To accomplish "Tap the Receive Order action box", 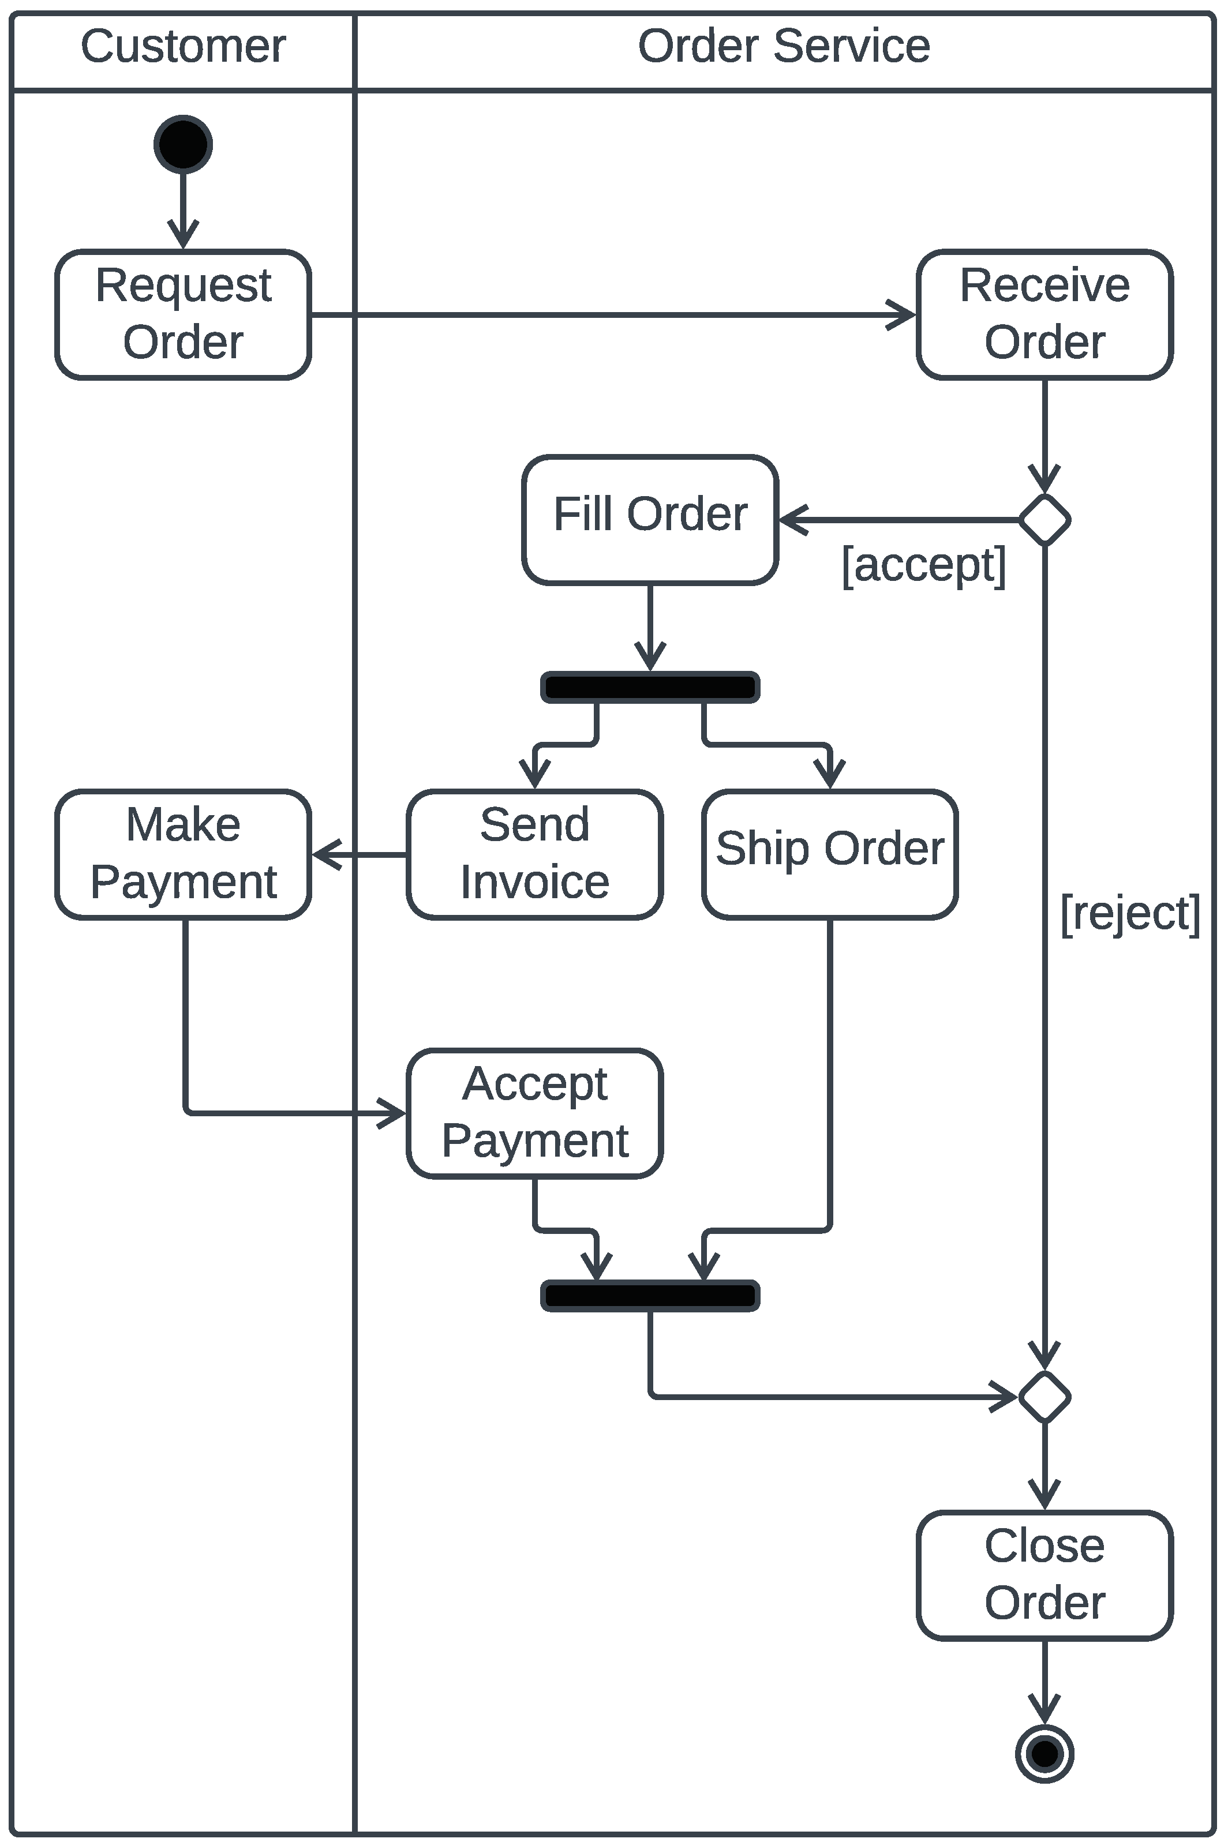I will (1044, 314).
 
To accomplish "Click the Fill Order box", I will (649, 519).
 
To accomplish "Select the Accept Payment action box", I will (534, 1112).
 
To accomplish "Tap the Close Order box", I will (1044, 1574).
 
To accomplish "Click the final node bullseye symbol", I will (1044, 1754).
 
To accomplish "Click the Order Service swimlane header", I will (783, 46).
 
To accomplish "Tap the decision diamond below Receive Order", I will (1044, 519).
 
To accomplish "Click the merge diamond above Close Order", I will (1044, 1397).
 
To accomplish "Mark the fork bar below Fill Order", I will (649, 686).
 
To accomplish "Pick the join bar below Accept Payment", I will (649, 1296).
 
